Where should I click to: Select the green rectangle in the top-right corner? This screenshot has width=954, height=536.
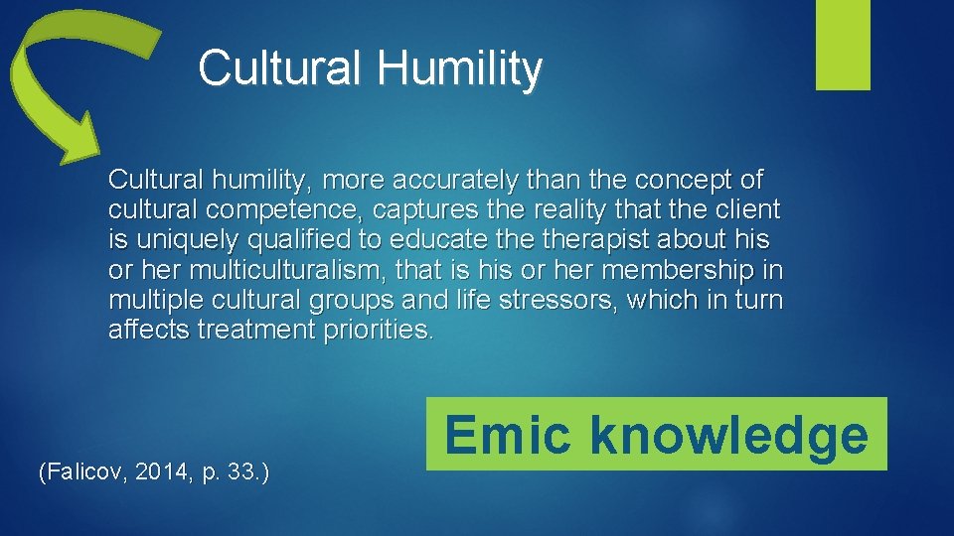(843, 45)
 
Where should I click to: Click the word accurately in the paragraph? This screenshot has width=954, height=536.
(462, 180)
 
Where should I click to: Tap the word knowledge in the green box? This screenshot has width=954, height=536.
(728, 435)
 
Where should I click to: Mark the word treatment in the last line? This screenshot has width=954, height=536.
(255, 330)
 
